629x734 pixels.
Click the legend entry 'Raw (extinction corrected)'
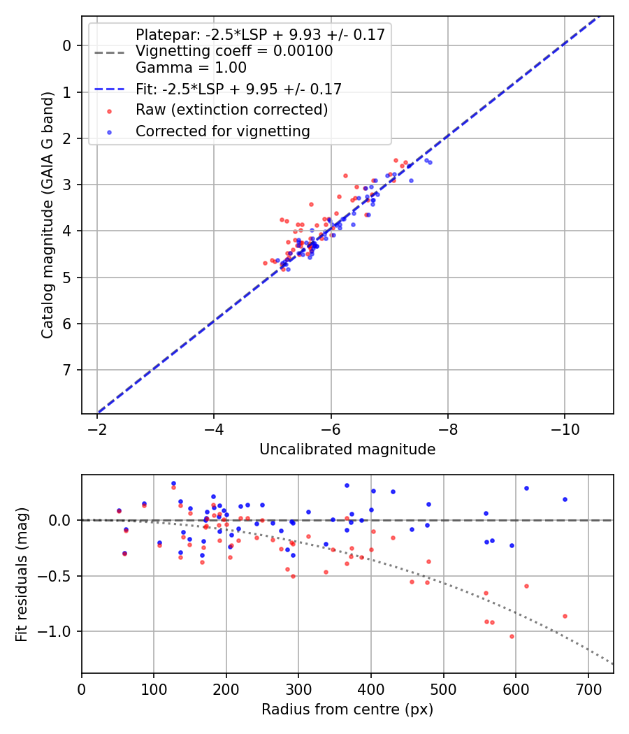click(231, 110)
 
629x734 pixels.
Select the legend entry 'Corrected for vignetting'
click(223, 131)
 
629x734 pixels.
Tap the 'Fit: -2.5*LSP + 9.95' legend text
click(238, 89)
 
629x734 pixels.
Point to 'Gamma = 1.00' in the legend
click(191, 68)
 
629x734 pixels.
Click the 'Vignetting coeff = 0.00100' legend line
click(234, 51)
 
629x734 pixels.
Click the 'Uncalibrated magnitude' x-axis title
click(347, 449)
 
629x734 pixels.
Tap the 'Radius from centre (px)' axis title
click(347, 710)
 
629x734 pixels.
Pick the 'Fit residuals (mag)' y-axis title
click(22, 574)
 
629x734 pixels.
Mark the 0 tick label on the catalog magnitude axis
click(67, 46)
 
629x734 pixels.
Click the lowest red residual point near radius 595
click(512, 636)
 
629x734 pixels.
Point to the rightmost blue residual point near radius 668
click(565, 499)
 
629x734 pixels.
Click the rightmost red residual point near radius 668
click(565, 616)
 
